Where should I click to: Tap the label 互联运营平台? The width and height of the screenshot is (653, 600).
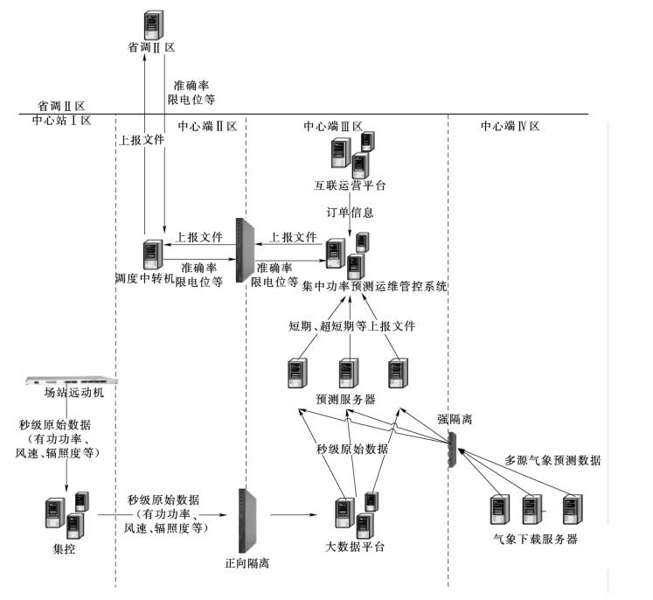pos(350,185)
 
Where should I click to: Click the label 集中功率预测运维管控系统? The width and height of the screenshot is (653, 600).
pos(375,285)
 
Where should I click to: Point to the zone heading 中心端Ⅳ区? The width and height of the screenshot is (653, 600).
pos(511,126)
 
